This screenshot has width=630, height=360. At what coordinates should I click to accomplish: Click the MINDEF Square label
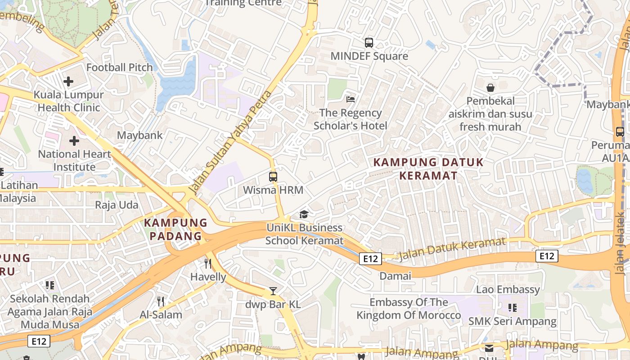pos(369,56)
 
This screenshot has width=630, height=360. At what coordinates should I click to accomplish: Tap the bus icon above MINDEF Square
pos(369,43)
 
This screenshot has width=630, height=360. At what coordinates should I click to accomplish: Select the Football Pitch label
pos(120,67)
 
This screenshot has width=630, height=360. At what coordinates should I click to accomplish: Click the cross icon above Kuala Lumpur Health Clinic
pos(68,81)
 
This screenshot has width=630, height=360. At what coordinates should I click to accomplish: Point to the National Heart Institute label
pos(74,160)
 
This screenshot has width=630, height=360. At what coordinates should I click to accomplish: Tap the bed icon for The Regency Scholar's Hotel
pos(351,99)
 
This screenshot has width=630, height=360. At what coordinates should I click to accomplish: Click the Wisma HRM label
pos(273,190)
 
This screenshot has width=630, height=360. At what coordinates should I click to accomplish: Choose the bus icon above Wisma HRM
pos(273,176)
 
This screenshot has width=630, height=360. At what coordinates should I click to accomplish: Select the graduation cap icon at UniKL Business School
pos(304,214)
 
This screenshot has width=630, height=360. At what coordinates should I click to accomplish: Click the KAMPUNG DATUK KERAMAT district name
pos(428,168)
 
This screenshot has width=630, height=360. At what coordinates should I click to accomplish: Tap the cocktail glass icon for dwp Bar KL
pos(273,291)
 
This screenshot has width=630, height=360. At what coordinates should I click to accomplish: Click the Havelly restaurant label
pos(208,277)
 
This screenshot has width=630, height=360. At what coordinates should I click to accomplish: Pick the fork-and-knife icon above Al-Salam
pos(160,301)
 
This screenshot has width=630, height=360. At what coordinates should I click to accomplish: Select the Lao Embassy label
pos(508,289)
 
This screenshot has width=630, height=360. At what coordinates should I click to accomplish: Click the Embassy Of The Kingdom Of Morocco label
pos(409,309)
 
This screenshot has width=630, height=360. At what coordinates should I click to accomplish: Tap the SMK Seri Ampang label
pos(512,322)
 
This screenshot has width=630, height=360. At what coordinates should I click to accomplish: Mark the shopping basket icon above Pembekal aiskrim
pos(490,88)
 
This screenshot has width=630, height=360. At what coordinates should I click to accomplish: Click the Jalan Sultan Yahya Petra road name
pos(231,142)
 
